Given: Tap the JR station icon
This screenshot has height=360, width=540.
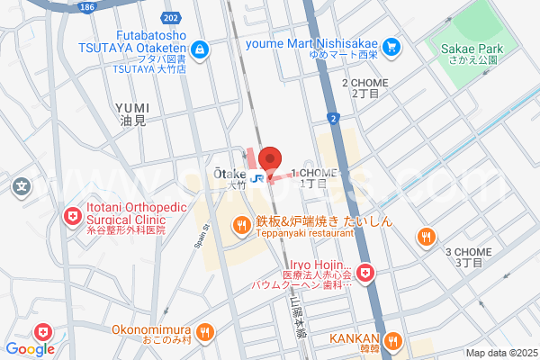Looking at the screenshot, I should click(257, 177).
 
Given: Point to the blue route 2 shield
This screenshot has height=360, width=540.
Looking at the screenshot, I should click(333, 117).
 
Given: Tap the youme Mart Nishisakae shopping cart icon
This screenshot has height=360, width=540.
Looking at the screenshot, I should click(391, 46).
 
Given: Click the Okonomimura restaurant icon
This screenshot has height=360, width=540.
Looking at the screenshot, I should click(205, 330).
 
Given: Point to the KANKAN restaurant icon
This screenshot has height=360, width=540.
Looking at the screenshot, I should click(392, 340).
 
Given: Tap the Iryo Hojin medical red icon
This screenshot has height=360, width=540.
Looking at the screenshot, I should click(364, 271).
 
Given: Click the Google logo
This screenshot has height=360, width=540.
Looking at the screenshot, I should click(30, 349).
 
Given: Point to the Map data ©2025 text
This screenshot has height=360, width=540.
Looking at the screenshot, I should click(500, 353).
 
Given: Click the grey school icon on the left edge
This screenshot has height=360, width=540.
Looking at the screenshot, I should click(22, 188).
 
